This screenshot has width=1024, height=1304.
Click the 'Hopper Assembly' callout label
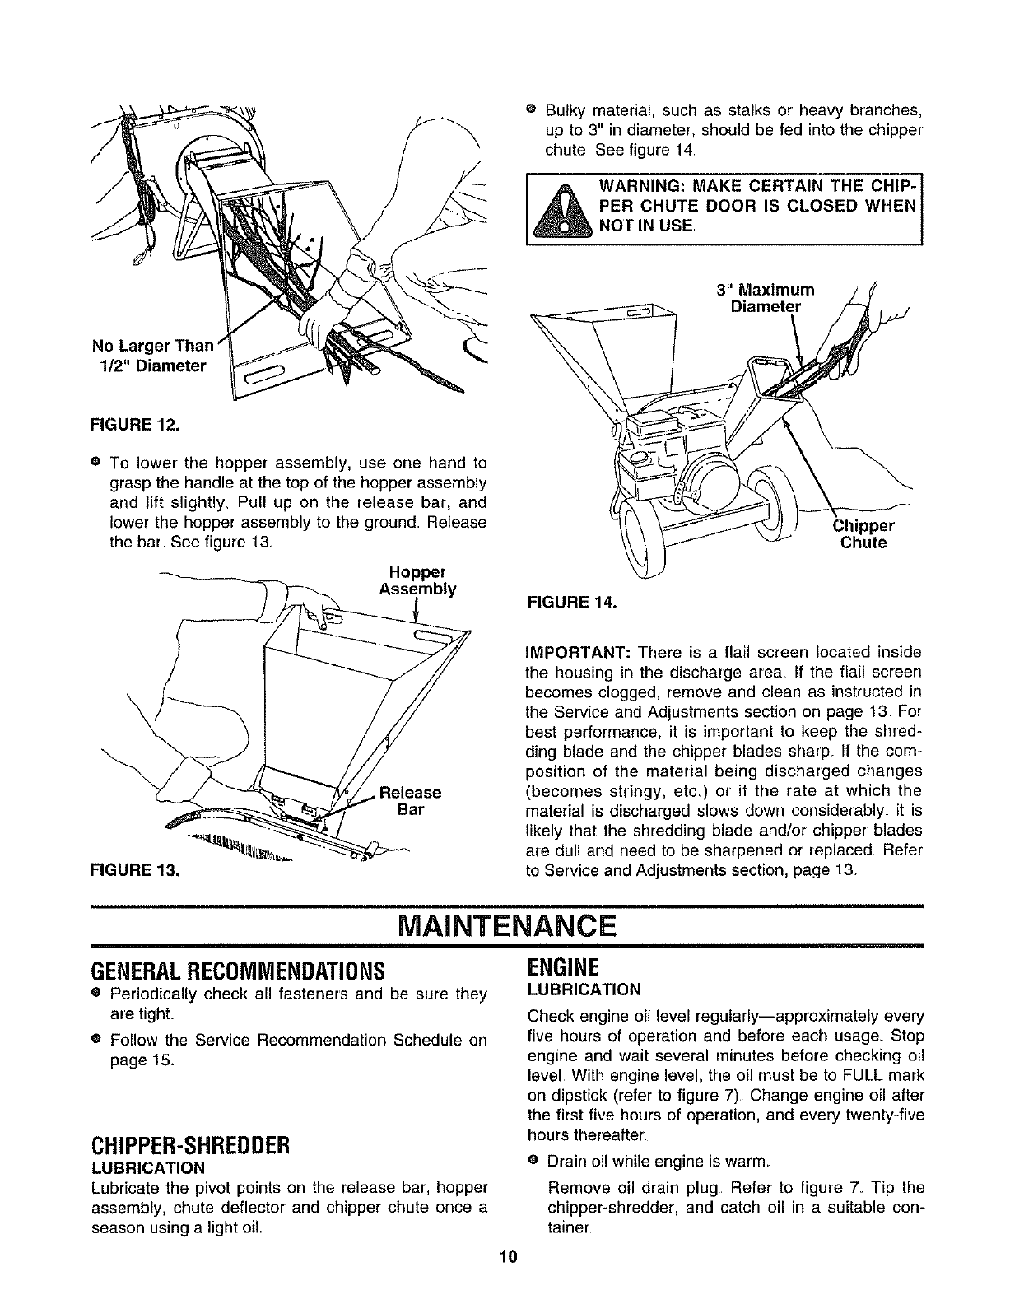[417, 580]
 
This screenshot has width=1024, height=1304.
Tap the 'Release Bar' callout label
[410, 800]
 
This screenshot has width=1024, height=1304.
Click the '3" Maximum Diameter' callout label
[765, 298]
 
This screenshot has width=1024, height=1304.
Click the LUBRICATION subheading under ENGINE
[583, 989]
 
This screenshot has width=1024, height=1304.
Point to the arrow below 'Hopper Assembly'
[419, 611]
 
